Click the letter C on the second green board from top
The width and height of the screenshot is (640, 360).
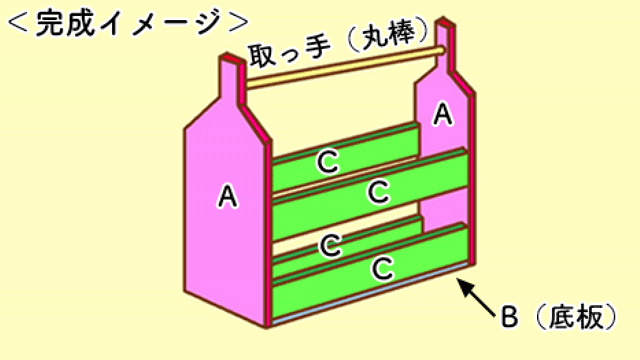click(x=378, y=191)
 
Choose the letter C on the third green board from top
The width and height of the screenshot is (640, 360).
click(x=329, y=243)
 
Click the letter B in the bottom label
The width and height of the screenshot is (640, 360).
click(x=508, y=318)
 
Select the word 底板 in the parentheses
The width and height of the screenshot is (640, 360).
click(x=575, y=318)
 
